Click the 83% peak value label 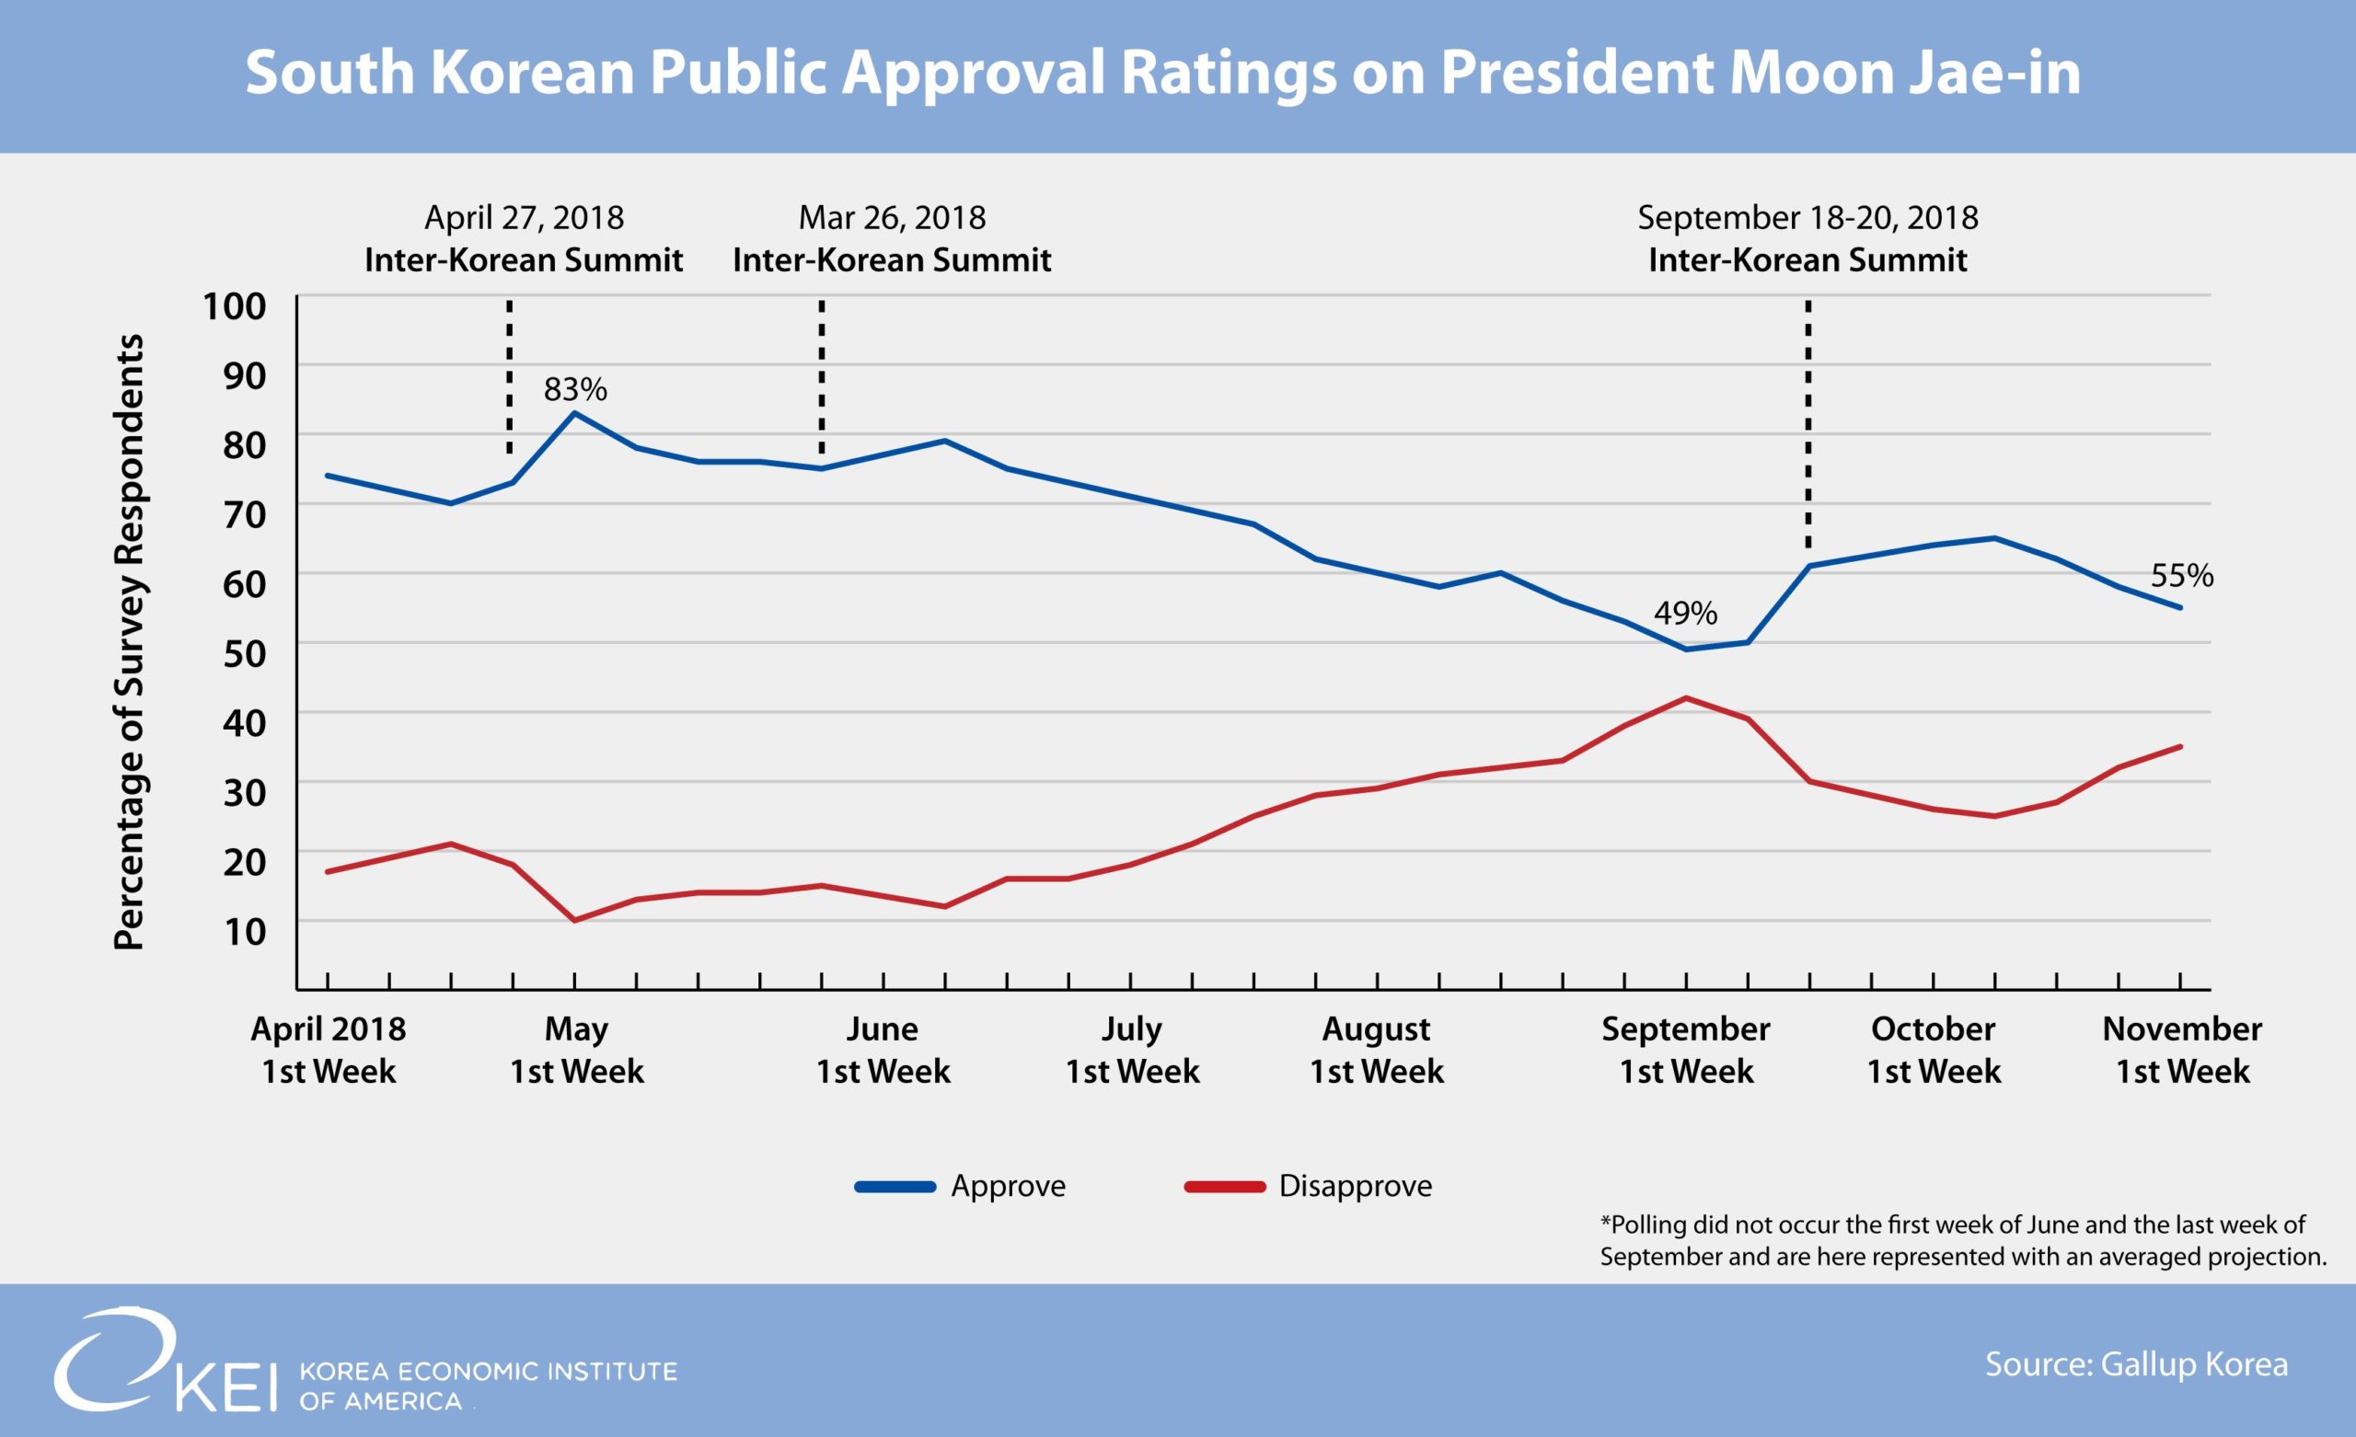click(574, 389)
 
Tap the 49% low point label click(1685, 613)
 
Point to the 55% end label click(2182, 576)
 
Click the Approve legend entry click(961, 1186)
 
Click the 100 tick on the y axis click(235, 307)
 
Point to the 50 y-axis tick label click(244, 654)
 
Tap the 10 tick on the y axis click(244, 931)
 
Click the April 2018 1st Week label click(328, 1050)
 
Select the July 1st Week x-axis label click(1132, 1050)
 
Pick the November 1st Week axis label click(2182, 1050)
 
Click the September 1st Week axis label click(1686, 1050)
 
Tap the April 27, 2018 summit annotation click(524, 238)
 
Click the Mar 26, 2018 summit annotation click(892, 238)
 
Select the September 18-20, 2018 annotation click(1807, 238)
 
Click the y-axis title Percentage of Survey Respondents click(129, 641)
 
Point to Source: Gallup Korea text click(2136, 1364)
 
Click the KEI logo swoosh click(115, 1358)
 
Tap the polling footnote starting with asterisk click(1962, 1240)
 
